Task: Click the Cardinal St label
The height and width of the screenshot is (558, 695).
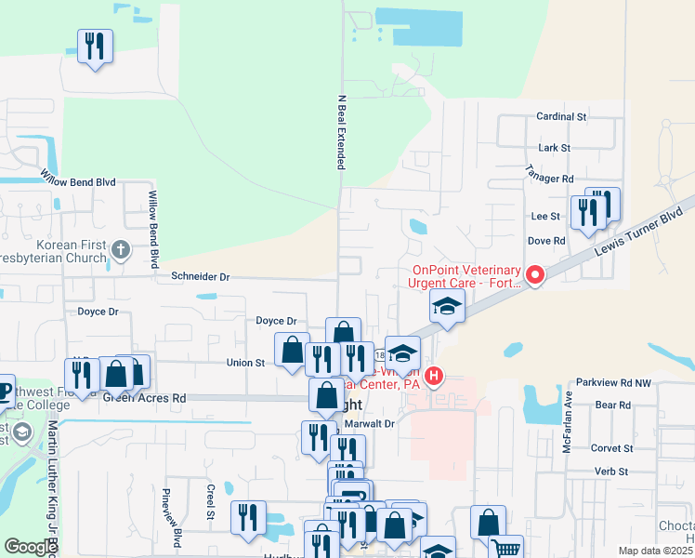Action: click(x=562, y=118)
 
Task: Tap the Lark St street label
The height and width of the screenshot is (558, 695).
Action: click(x=554, y=148)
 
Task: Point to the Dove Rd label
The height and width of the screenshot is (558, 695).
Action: click(x=546, y=241)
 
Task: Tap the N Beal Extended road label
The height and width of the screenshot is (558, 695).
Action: click(x=341, y=131)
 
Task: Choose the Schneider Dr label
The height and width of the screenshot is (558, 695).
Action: click(x=200, y=276)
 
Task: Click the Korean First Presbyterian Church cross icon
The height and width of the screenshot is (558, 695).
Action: click(x=120, y=250)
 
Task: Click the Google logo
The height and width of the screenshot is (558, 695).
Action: click(x=32, y=547)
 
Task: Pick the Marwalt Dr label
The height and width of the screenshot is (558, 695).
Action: click(x=370, y=423)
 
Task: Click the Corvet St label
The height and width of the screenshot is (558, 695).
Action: click(x=611, y=448)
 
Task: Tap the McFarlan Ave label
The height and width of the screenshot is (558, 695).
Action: click(x=565, y=428)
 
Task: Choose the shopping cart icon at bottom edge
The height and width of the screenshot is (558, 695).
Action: click(x=505, y=549)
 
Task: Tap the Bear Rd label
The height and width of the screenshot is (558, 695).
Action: click(x=613, y=405)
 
